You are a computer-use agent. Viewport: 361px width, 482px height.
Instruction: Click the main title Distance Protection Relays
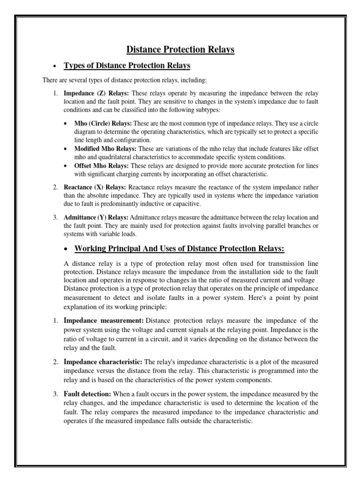click(x=180, y=49)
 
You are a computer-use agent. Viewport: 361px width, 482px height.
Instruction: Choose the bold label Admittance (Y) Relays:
click(x=96, y=217)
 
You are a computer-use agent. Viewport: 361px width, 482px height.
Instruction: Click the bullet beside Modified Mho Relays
click(x=66, y=149)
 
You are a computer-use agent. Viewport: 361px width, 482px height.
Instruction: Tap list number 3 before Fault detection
click(x=55, y=394)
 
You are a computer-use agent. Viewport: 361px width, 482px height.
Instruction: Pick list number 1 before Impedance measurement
click(x=55, y=321)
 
